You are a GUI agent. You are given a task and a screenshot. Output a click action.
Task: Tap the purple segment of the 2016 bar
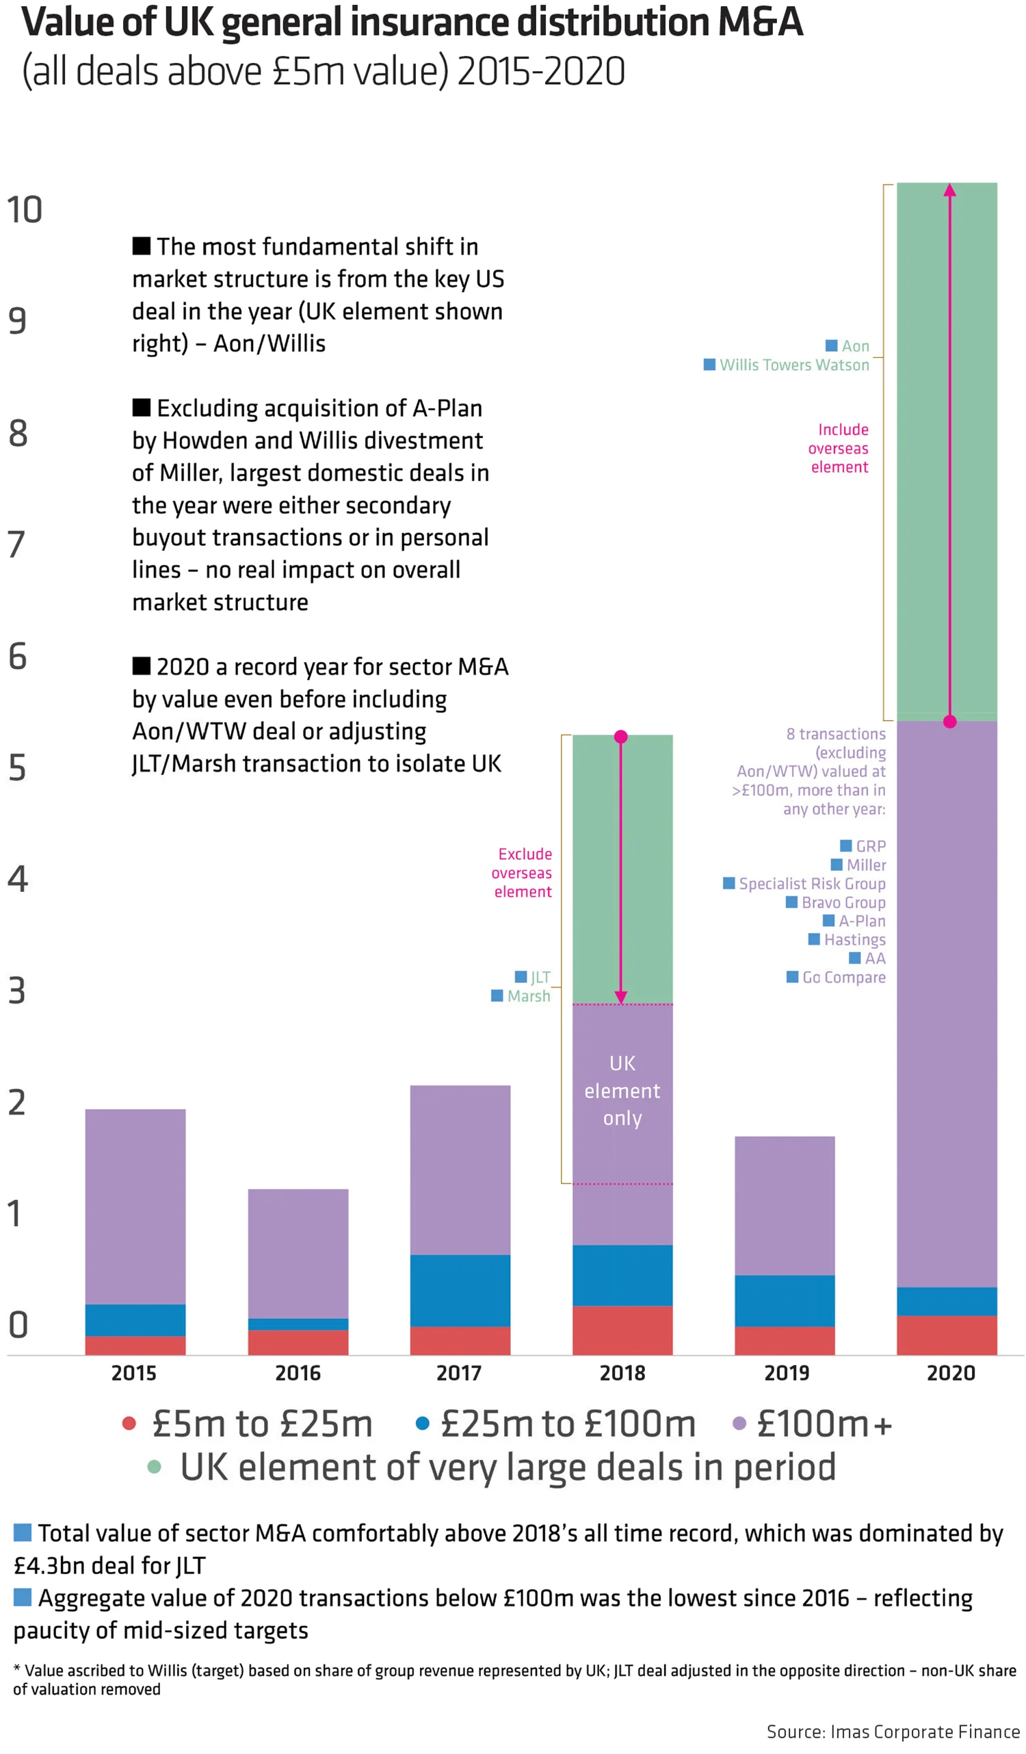tap(298, 1253)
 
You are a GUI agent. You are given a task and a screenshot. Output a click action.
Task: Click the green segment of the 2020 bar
tap(947, 452)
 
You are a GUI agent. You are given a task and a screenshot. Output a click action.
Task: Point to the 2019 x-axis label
tap(787, 1373)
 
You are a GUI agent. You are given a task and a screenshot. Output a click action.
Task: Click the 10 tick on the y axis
tap(25, 210)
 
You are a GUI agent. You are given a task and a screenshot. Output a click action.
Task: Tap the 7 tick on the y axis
tap(16, 545)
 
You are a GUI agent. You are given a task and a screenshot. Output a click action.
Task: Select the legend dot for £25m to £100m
tap(422, 1424)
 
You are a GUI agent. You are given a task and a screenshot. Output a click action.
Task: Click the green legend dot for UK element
tap(155, 1467)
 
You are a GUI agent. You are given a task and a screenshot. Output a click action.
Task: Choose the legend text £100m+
tap(824, 1424)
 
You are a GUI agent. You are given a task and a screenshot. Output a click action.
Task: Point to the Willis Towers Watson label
tap(794, 365)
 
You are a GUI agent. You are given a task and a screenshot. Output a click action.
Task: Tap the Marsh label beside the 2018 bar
tap(528, 996)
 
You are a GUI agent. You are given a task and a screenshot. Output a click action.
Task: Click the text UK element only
tap(622, 1090)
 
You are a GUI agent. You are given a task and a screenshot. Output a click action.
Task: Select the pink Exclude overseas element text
tap(523, 873)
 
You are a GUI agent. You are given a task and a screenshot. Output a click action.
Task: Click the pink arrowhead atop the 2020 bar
tap(949, 190)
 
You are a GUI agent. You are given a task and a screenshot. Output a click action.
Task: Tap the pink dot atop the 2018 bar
tap(621, 736)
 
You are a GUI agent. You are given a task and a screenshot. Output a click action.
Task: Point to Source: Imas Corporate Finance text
tap(893, 1731)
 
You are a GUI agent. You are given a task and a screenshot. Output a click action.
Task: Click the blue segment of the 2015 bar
tap(135, 1320)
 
